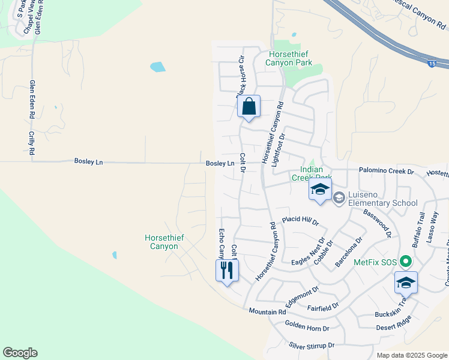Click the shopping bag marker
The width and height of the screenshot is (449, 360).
click(249, 107)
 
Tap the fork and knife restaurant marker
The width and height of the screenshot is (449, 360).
click(227, 269)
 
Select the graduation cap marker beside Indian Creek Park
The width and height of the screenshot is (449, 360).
click(320, 190)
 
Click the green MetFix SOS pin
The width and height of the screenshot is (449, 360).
click(406, 262)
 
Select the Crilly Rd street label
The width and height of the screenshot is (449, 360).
click(32, 142)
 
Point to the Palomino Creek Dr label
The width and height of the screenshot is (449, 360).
click(387, 172)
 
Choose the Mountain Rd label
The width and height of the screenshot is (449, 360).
click(267, 312)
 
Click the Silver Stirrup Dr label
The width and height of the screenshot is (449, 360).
click(312, 346)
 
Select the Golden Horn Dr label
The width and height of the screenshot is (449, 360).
click(307, 328)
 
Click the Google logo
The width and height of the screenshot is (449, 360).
click(20, 353)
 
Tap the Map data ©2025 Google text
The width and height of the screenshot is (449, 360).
click(411, 355)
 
